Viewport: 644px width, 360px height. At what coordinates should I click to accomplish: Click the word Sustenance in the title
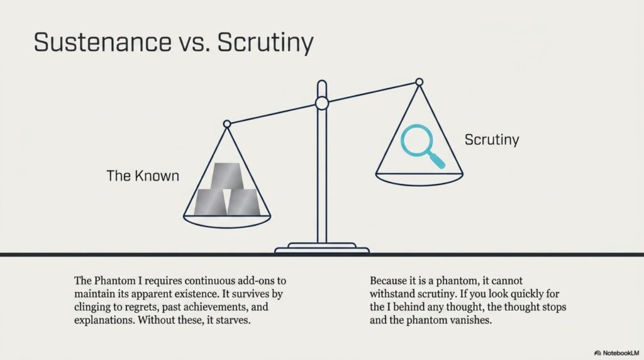[x=103, y=42]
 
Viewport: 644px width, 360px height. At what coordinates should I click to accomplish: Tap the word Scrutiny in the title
[x=265, y=43]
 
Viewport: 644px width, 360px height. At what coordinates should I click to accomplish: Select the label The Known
[x=143, y=176]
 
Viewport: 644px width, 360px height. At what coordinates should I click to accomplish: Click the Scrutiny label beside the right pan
[x=492, y=140]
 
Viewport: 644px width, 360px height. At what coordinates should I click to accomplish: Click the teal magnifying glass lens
[x=417, y=140]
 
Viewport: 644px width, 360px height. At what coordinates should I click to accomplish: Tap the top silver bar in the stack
[x=227, y=176]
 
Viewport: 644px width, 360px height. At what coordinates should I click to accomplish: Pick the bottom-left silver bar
[x=210, y=202]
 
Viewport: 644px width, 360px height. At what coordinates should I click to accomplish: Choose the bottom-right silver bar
[x=244, y=202]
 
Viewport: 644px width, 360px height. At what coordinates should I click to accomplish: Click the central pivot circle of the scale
[x=322, y=103]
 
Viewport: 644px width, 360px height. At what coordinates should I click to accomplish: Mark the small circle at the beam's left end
[x=227, y=124]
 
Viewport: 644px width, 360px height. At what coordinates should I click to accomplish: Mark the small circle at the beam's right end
[x=419, y=82]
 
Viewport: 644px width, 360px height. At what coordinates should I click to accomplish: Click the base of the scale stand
[x=322, y=248]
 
